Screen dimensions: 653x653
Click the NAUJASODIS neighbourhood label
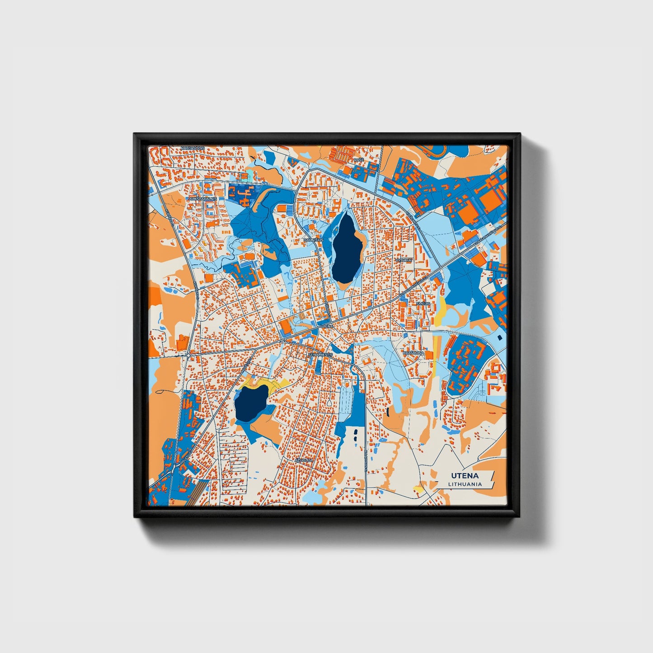click(x=193, y=148)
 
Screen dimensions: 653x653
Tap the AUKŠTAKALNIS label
click(x=203, y=198)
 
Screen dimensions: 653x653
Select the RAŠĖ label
click(x=358, y=160)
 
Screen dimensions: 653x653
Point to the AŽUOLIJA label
click(x=304, y=460)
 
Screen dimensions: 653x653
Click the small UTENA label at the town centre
click(x=326, y=326)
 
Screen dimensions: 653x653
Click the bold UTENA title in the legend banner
click(x=465, y=476)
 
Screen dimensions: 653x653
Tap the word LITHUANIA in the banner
click(x=465, y=484)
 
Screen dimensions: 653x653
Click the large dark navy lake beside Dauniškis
click(x=347, y=248)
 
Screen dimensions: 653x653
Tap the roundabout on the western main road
click(x=188, y=356)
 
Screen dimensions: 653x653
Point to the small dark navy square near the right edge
click(x=499, y=337)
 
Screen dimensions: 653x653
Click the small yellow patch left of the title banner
click(x=418, y=489)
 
